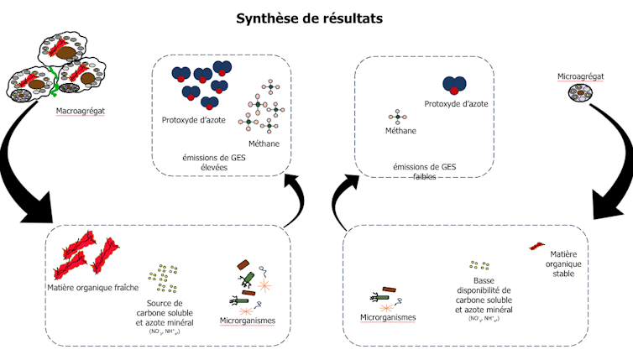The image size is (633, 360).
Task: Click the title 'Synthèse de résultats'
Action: tap(317, 18)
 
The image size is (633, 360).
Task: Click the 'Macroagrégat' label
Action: tap(80, 110)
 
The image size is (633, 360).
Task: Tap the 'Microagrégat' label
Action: tap(581, 76)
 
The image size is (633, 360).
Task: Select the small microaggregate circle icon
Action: tap(580, 97)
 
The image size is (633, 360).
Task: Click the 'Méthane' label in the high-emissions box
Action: tap(264, 143)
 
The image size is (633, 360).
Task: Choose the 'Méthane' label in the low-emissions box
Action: tap(400, 131)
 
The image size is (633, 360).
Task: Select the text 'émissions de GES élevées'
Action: tap(217, 162)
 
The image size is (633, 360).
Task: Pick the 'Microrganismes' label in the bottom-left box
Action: tap(248, 321)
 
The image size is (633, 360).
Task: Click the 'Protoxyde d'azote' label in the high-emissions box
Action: tap(195, 119)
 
